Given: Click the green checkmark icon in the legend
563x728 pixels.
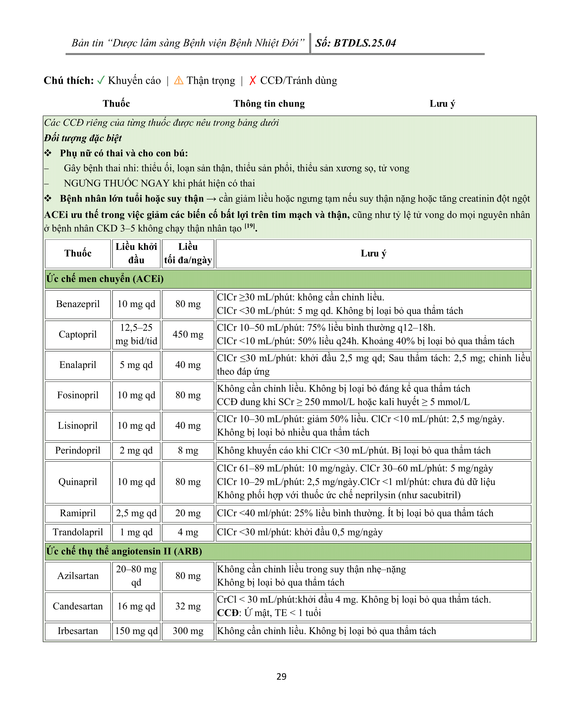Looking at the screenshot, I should tap(101, 80).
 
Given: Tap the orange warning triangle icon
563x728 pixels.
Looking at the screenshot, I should tap(179, 80).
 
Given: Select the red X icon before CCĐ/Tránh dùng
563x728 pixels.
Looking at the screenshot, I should tap(252, 80).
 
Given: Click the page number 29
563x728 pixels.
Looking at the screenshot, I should tap(281, 676).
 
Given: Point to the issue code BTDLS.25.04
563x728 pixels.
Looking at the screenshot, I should tap(365, 43).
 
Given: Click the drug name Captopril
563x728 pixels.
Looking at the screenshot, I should tap(78, 334).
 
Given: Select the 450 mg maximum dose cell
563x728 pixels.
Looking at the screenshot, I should tap(188, 334).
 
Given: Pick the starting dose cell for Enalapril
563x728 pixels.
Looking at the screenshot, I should tap(136, 365).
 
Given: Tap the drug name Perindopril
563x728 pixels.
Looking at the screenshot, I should tap(78, 450).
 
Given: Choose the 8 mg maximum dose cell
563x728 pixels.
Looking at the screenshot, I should tap(188, 450).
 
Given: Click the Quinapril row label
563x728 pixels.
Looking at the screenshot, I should tap(78, 482).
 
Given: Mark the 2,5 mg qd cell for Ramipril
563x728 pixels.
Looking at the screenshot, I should tap(136, 513).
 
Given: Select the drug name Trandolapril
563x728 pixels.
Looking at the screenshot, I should tap(78, 532).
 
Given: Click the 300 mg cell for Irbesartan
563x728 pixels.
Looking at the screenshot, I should tap(188, 631).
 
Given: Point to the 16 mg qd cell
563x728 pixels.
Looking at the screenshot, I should tap(136, 606).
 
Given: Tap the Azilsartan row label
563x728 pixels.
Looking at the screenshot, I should tap(78, 576).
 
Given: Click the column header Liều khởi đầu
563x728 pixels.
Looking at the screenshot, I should tap(136, 253).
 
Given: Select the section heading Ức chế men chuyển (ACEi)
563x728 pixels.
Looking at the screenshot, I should tap(105, 279).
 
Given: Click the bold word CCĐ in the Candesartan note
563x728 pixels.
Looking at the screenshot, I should tap(228, 613).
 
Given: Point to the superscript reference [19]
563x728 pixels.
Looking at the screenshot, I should tap(249, 226).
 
